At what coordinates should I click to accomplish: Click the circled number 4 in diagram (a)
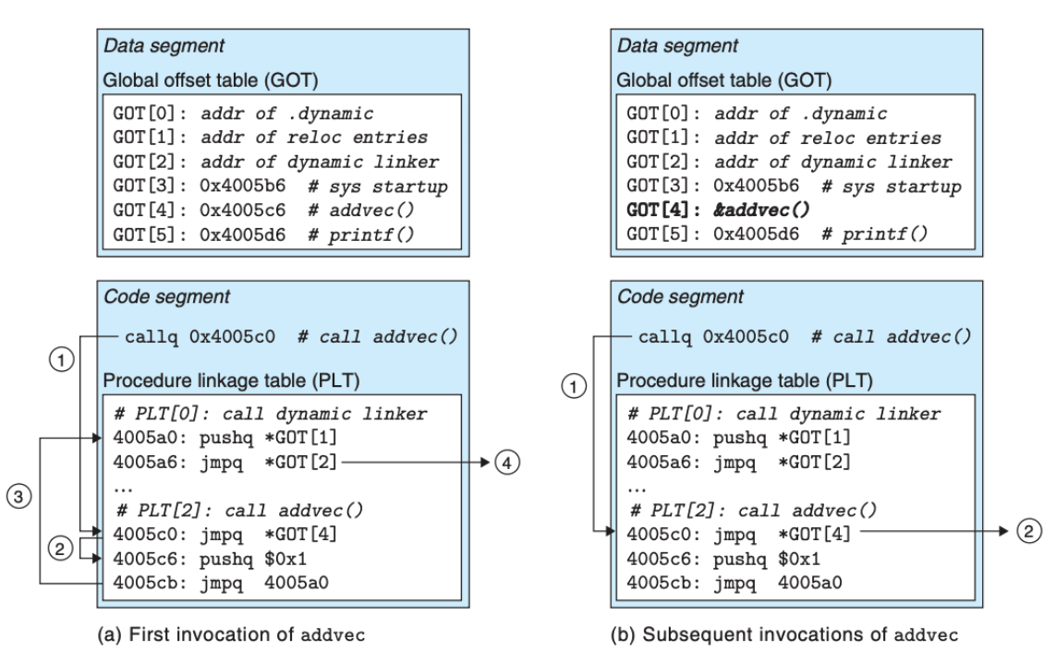[507, 463]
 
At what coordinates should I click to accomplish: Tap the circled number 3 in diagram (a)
[18, 497]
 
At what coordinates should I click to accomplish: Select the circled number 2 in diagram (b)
[1028, 531]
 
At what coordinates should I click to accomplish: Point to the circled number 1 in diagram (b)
[574, 386]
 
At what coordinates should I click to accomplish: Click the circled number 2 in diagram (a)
[61, 548]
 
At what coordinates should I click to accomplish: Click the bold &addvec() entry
[761, 210]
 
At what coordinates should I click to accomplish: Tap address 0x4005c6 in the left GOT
[242, 210]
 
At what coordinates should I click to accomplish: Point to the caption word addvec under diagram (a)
[333, 634]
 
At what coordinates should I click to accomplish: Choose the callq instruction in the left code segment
[200, 336]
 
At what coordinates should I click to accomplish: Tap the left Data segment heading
[164, 46]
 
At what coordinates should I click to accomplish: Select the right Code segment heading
[680, 296]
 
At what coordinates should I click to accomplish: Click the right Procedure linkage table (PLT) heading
[745, 381]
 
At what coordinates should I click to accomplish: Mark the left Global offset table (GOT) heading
[210, 80]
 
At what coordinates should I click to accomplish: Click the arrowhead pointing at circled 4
[485, 463]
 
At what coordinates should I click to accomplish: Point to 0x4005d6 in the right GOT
[757, 235]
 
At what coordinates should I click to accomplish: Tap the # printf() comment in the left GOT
[361, 235]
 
